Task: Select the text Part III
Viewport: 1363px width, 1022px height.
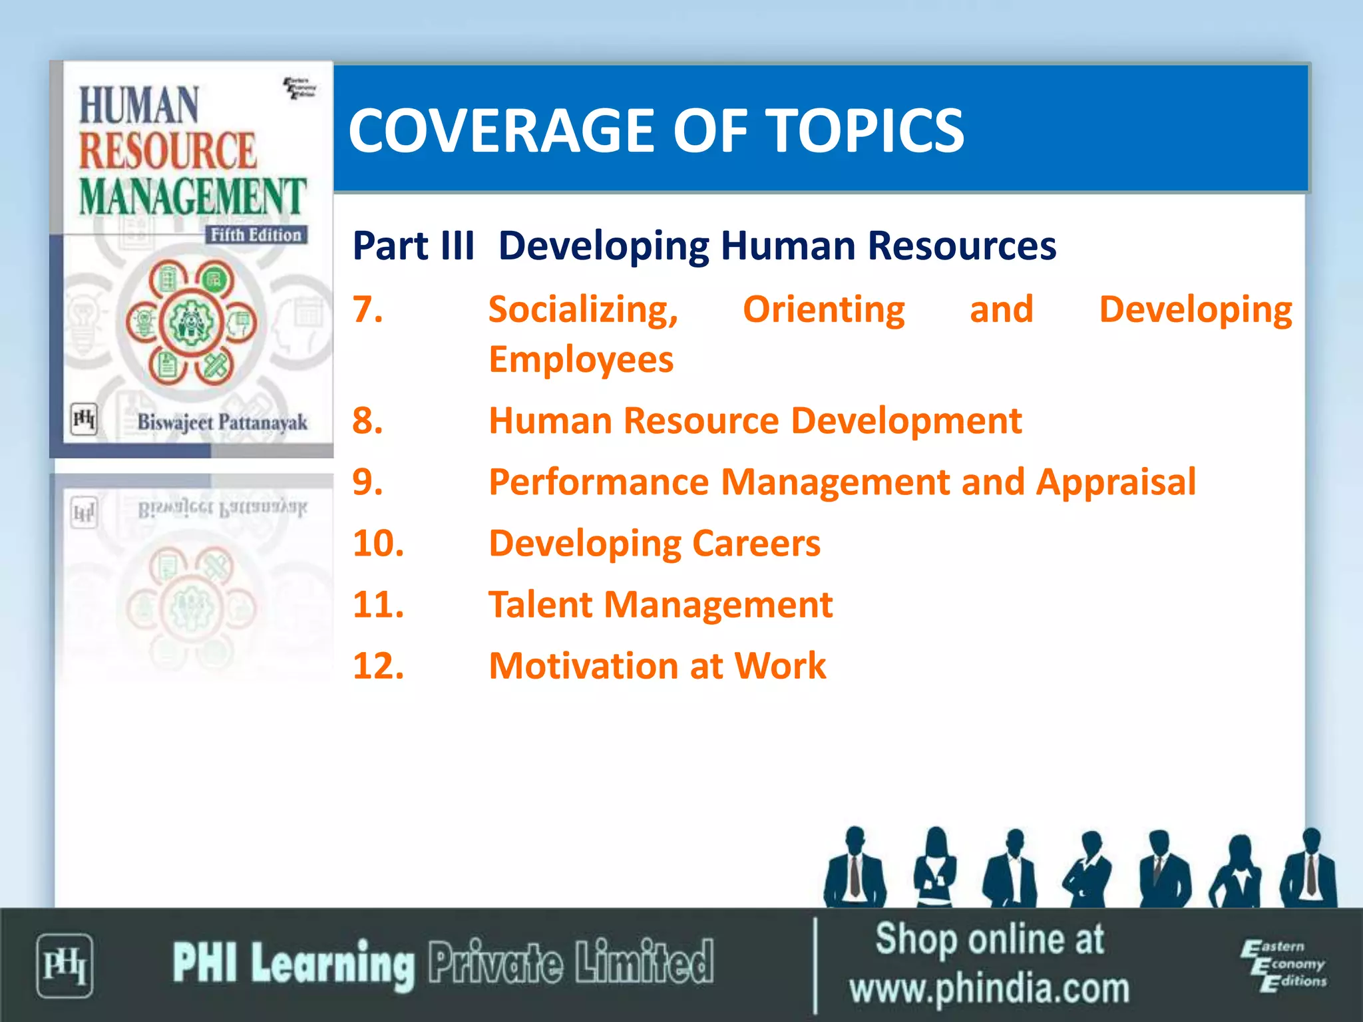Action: pos(413,246)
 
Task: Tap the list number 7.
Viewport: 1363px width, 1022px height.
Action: pos(367,309)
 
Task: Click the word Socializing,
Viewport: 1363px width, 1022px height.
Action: pos(583,310)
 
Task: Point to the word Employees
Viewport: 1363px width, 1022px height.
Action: pos(581,360)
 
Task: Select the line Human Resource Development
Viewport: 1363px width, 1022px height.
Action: pos(755,421)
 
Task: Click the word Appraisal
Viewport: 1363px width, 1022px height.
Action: pos(1115,482)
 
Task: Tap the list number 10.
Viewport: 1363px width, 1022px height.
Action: pos(378,544)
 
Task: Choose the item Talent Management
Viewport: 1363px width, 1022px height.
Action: pos(660,605)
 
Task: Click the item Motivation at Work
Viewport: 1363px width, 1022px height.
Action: pos(657,666)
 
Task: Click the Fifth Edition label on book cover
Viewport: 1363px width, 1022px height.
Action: pos(256,235)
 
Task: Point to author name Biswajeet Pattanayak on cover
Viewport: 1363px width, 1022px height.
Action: pos(222,423)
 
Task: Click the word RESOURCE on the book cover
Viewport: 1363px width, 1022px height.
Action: pos(167,151)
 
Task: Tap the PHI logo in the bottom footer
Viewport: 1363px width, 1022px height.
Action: pos(64,965)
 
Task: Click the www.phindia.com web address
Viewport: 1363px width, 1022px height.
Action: pos(989,989)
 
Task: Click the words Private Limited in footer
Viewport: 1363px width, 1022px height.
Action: pos(570,963)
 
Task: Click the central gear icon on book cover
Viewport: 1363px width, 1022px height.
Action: pos(191,323)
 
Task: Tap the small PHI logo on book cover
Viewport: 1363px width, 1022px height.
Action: pos(84,419)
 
